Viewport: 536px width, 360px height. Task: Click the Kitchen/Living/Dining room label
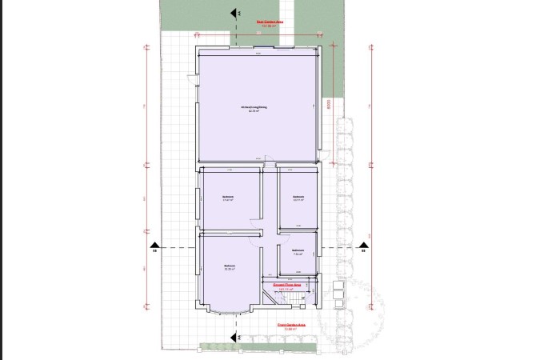point(255,108)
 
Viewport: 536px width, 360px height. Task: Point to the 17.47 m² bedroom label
point(228,198)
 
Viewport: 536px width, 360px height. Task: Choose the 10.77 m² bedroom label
point(298,198)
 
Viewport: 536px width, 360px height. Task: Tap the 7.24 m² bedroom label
point(297,251)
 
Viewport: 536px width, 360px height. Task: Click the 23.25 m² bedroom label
point(230,267)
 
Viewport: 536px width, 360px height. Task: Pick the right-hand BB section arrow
point(362,245)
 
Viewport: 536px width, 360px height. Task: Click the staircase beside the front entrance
point(300,299)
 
